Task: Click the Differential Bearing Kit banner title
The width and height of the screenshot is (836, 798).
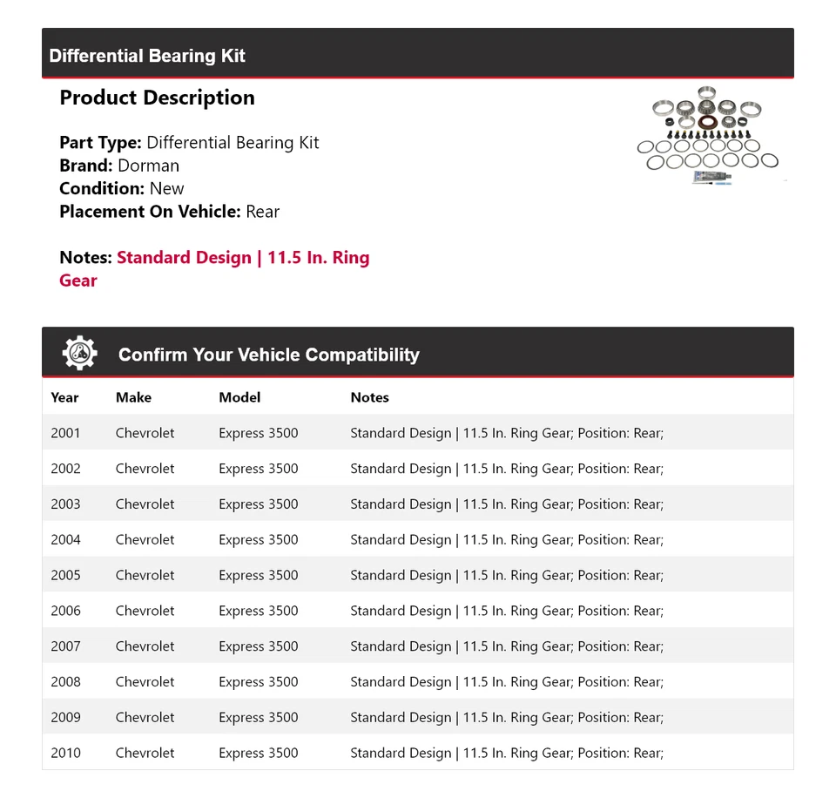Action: coord(147,56)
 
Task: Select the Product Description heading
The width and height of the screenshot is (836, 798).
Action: coord(157,98)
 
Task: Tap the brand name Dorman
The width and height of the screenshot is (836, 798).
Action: coord(148,166)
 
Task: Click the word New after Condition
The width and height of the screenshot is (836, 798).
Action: coord(166,188)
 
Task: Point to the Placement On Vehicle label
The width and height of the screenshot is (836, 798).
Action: coord(150,211)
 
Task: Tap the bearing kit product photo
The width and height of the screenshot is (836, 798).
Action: coord(711,135)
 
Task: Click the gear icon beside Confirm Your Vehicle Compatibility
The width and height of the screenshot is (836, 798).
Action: coord(79,354)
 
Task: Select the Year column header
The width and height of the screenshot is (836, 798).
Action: coord(64,397)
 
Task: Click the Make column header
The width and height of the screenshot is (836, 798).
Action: coord(133,397)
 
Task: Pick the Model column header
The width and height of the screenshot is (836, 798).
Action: coord(239,397)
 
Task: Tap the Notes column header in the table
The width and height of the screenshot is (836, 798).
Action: coord(369,397)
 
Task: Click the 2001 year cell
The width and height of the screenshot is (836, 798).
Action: coord(65,433)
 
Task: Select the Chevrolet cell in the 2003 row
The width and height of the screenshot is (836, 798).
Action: coord(145,504)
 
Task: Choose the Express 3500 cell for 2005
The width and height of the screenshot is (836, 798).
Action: coord(258,575)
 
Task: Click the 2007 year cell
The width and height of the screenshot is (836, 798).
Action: coord(65,646)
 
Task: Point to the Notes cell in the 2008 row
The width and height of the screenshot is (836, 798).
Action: coord(506,682)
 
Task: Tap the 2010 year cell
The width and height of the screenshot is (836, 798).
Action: coord(65,754)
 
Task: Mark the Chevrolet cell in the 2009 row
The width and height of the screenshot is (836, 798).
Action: coord(145,718)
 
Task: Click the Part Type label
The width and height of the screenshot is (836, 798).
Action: coord(100,143)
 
